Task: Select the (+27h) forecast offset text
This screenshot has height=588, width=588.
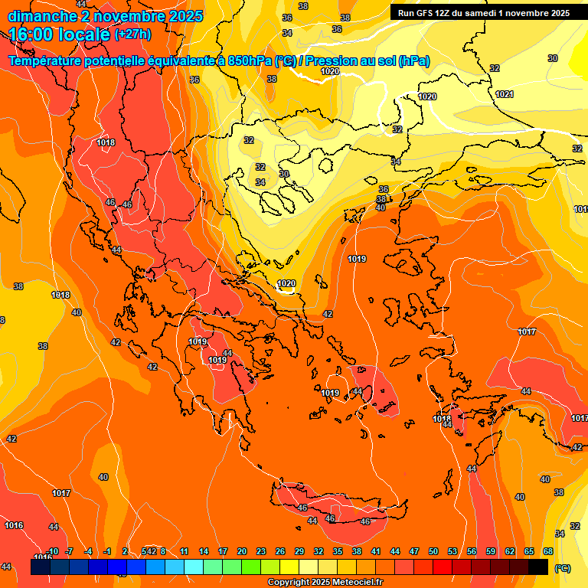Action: coord(131,34)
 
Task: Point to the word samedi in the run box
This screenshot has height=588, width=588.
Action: coord(485,13)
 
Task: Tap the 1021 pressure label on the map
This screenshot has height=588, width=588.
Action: coord(504,94)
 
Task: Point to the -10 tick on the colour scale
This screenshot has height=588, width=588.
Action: coord(53,552)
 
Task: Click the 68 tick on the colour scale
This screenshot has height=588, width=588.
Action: coord(548,552)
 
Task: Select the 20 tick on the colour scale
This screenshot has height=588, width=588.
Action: coord(242,552)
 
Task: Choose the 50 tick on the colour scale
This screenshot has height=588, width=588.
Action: coord(433,552)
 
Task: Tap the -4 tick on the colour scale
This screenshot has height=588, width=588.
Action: coord(88,552)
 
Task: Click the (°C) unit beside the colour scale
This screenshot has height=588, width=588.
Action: coord(563,568)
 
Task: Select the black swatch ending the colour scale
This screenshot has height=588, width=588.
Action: coord(538,567)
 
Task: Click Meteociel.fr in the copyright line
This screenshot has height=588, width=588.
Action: coord(353,583)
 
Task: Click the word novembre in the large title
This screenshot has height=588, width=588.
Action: coord(130,16)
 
